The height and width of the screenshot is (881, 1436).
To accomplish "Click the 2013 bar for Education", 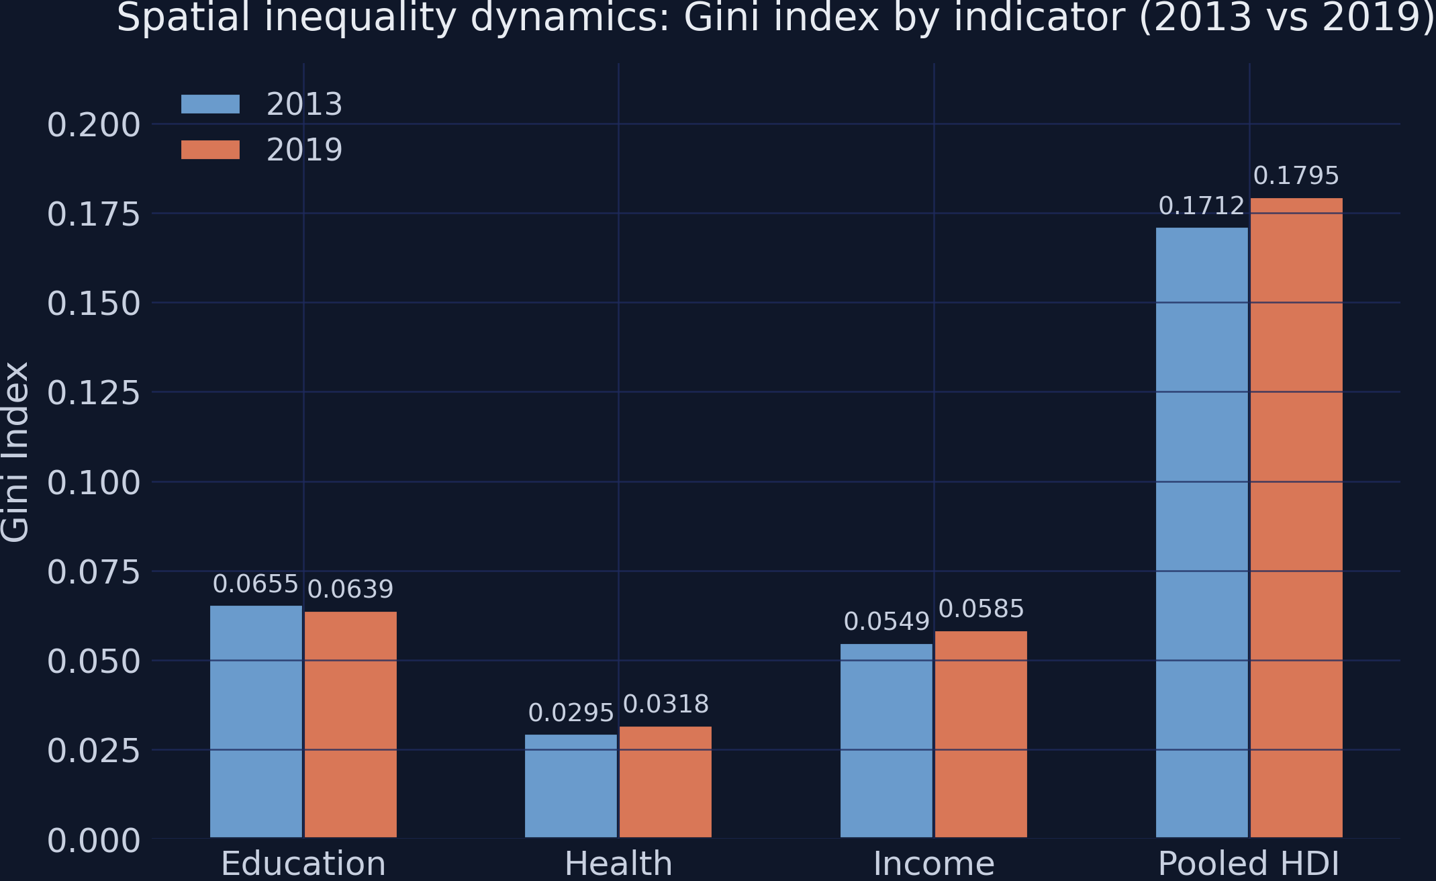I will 256,722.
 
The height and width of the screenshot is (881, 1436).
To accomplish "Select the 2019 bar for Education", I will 350,725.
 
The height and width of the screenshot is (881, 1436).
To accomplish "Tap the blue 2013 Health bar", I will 571,786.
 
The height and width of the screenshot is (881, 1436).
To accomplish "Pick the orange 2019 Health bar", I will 665,782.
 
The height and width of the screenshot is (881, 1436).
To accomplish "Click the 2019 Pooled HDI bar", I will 1296,518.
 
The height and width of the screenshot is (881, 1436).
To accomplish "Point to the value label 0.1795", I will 1296,176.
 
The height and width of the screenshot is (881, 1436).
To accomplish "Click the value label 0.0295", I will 571,713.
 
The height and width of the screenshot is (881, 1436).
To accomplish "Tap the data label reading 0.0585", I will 981,609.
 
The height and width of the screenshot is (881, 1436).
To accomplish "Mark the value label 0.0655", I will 255,584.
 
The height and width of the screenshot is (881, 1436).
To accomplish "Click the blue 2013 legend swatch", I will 210,104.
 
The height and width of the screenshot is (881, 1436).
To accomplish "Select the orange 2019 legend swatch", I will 210,150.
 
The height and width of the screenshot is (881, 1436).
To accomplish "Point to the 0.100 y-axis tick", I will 93,483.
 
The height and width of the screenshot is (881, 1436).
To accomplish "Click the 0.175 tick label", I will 93,215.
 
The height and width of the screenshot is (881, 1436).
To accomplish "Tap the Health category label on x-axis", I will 618,864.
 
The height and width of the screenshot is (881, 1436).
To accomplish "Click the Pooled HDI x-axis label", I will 1249,864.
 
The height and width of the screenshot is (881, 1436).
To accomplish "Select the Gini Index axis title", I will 15,451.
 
